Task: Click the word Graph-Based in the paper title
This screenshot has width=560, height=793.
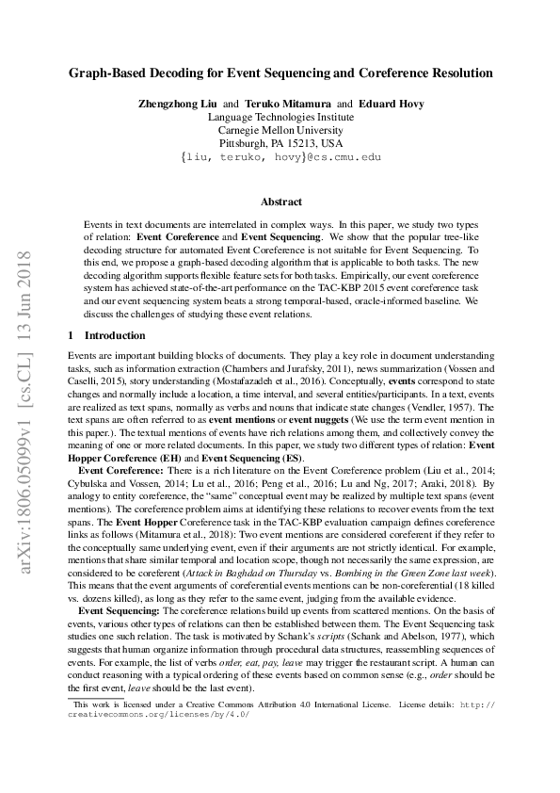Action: pos(106,72)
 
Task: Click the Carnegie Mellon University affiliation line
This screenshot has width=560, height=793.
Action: pos(280,130)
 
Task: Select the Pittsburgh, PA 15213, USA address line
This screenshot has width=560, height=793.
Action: pos(280,143)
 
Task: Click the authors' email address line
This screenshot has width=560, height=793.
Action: pos(280,157)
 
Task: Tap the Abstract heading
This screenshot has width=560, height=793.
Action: pos(280,202)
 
